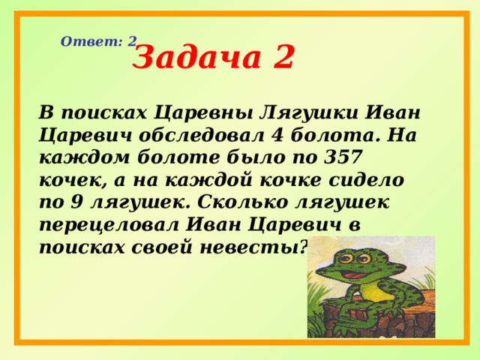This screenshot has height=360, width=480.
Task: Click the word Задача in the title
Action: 190,58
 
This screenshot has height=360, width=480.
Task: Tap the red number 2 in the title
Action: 281,58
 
